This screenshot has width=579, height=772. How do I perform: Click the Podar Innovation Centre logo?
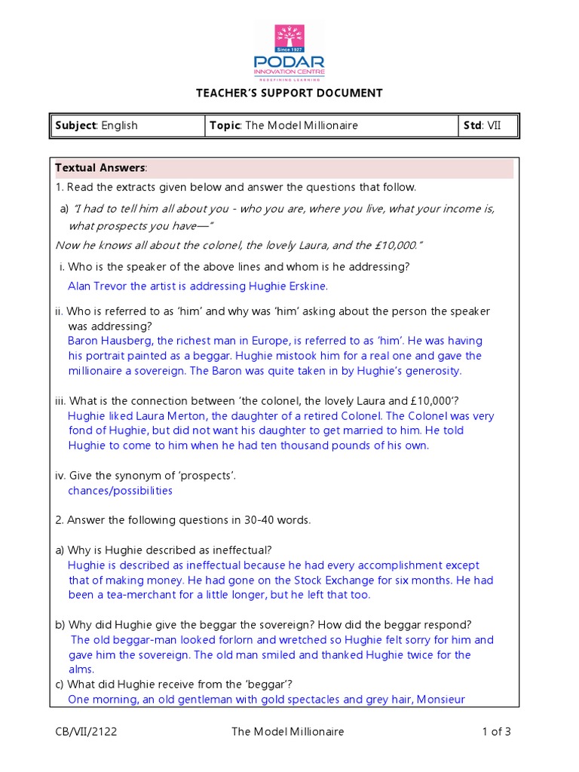coord(289,51)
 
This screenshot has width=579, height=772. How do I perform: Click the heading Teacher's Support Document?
coord(289,93)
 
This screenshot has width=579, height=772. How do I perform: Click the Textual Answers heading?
coord(101,167)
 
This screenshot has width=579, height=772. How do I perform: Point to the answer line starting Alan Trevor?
coord(198,286)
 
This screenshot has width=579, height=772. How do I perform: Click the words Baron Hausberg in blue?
coord(109,341)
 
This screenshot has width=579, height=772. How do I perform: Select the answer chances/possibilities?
coord(120,491)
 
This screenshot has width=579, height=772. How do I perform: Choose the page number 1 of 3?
coord(496,731)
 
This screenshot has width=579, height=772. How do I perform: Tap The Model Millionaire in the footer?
coord(287,731)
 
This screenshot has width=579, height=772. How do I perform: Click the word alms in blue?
coord(81,669)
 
